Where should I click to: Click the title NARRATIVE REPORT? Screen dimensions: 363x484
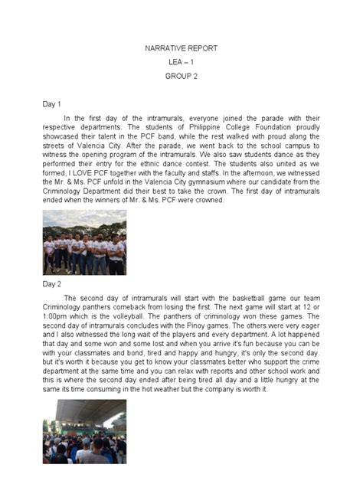coord(181,47)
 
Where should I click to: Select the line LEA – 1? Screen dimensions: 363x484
coord(181,62)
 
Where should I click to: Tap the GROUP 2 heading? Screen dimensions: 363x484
coord(181,77)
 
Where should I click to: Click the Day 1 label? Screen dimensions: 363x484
coord(52,103)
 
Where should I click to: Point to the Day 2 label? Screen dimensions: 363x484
coord(52,283)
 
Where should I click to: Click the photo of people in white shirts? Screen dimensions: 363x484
coord(84,243)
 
